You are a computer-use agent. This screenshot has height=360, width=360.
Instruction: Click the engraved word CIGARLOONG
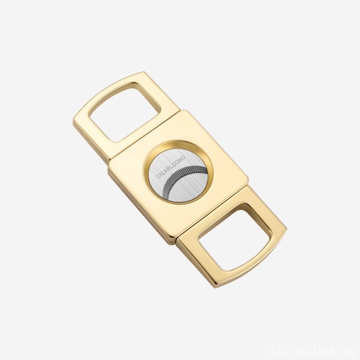(171, 167)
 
